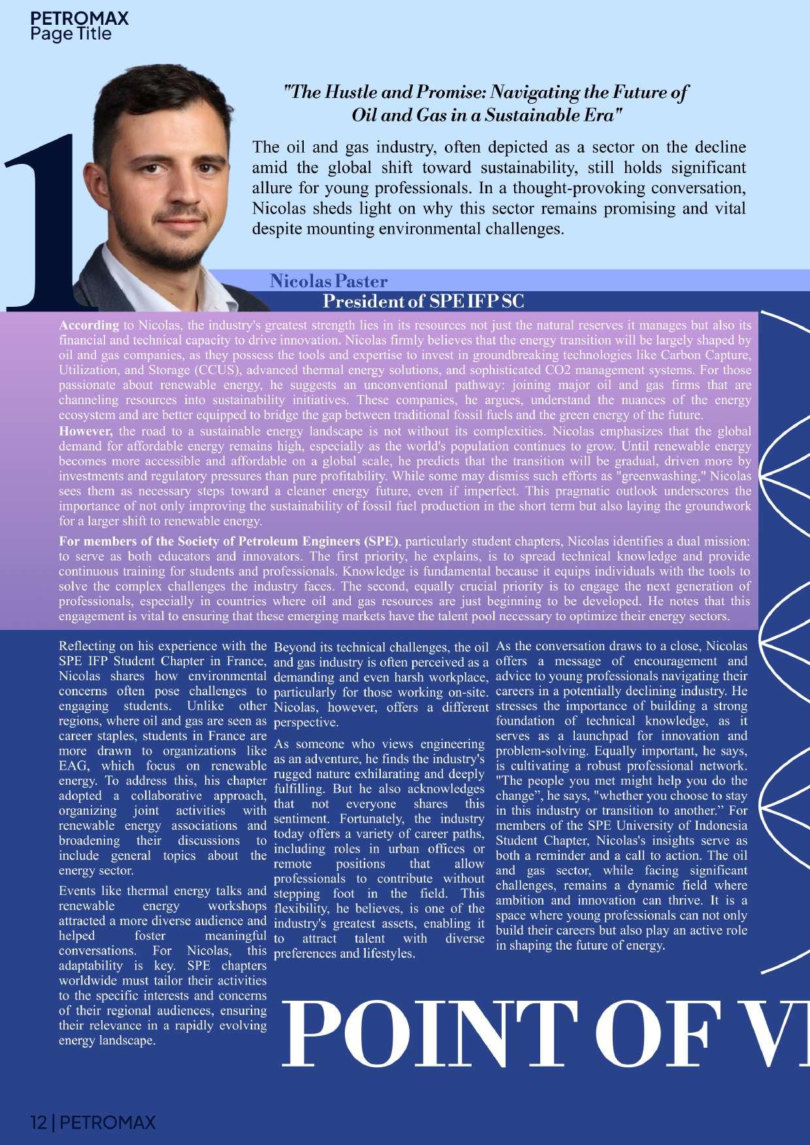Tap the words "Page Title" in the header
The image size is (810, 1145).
click(x=71, y=34)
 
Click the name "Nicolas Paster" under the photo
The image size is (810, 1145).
click(x=329, y=281)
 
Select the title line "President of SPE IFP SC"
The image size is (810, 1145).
click(x=423, y=302)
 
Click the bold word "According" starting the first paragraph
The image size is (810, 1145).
click(x=89, y=325)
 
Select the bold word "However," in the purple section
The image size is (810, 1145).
click(x=86, y=431)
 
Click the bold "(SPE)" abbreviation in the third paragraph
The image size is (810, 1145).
click(x=380, y=541)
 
